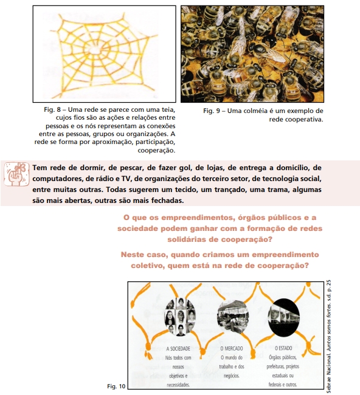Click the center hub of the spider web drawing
(x=95, y=50)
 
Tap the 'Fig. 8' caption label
(x=52, y=109)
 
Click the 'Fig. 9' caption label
(x=212, y=111)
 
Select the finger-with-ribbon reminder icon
(x=16, y=174)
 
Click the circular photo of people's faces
(x=180, y=317)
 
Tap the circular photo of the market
(x=232, y=317)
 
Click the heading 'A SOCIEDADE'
(x=178, y=349)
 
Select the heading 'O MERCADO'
(x=232, y=348)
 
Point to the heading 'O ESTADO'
(x=283, y=348)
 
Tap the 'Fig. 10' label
(x=116, y=386)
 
